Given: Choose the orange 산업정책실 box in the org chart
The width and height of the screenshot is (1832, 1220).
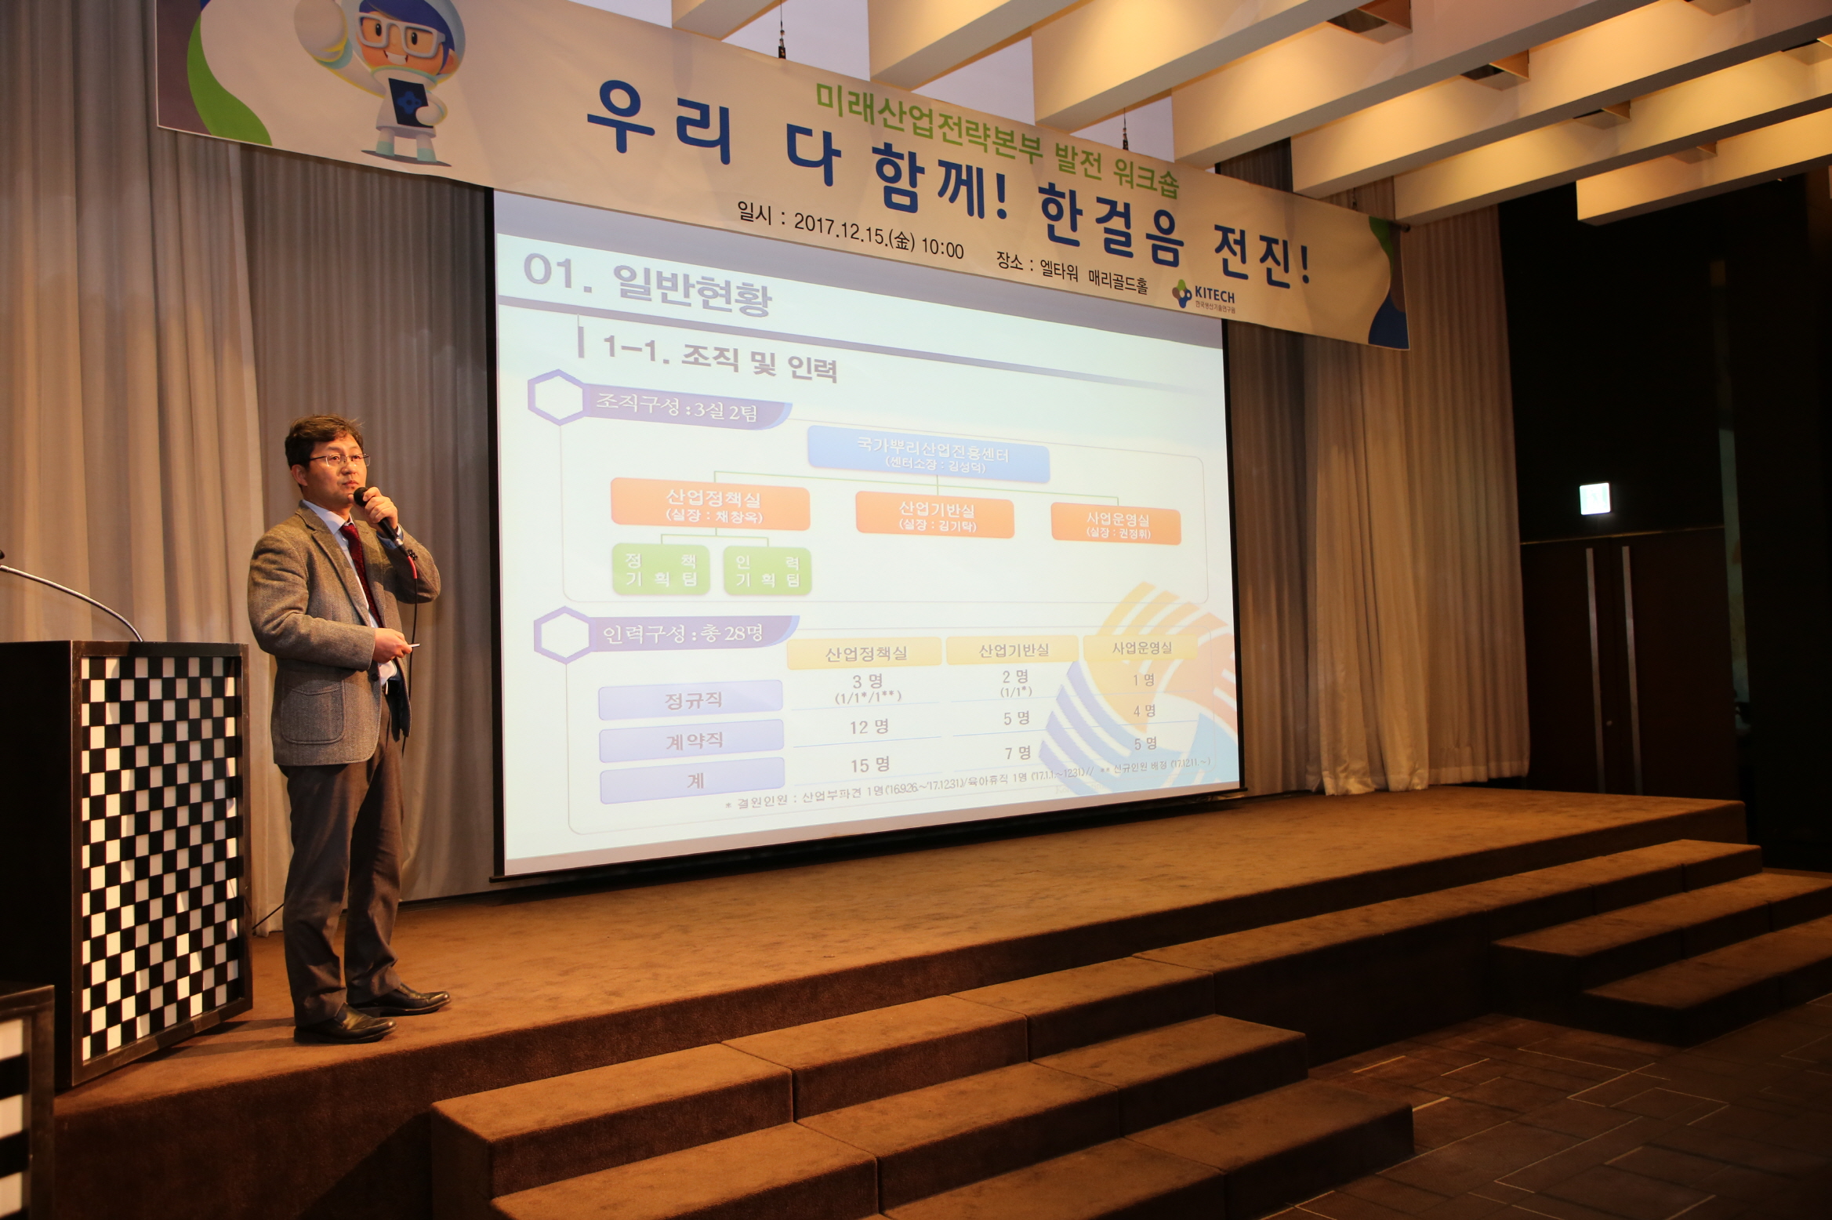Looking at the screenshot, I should [711, 507].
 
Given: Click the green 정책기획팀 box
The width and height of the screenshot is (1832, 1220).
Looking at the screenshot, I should [660, 570].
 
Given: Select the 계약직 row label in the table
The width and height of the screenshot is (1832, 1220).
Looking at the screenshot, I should [691, 741].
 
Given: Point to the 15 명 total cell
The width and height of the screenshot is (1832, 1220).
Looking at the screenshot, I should [869, 764].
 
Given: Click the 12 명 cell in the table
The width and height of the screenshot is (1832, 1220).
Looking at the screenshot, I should [868, 727].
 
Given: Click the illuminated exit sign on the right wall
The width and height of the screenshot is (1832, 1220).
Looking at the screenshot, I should [1594, 499].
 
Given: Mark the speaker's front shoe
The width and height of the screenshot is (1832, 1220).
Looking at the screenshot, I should [345, 1027].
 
